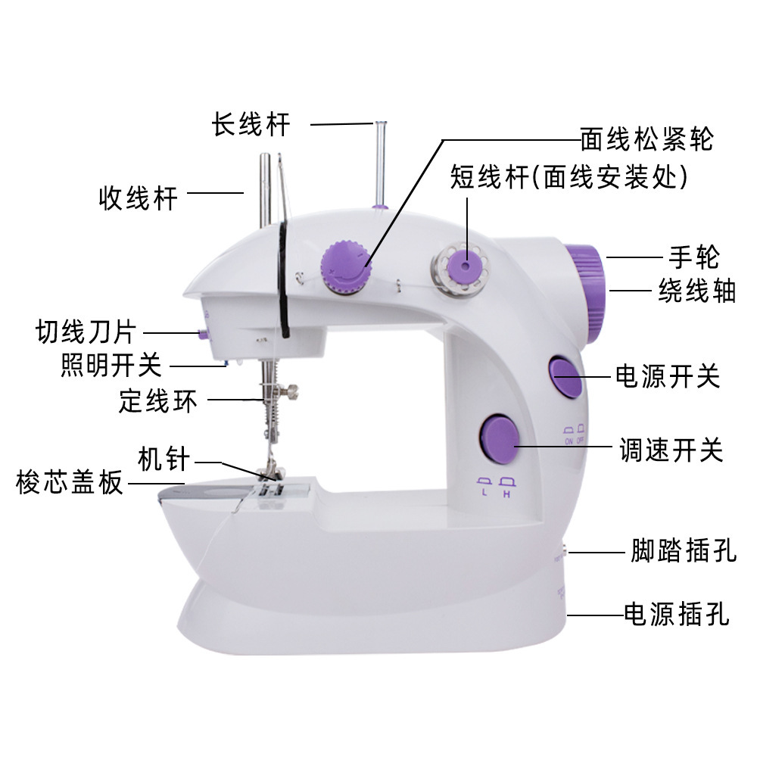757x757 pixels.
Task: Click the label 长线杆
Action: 251,124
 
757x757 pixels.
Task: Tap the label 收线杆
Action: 139,198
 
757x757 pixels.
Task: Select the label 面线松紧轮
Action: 646,139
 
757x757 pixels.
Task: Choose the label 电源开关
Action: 667,375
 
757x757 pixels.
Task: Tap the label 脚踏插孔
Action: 684,551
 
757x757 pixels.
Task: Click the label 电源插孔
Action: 676,614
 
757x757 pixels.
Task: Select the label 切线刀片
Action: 86,332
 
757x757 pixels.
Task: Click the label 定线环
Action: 157,400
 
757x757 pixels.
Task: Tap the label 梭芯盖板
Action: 70,482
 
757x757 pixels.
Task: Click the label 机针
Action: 164,459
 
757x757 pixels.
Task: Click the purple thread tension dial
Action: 345,265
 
